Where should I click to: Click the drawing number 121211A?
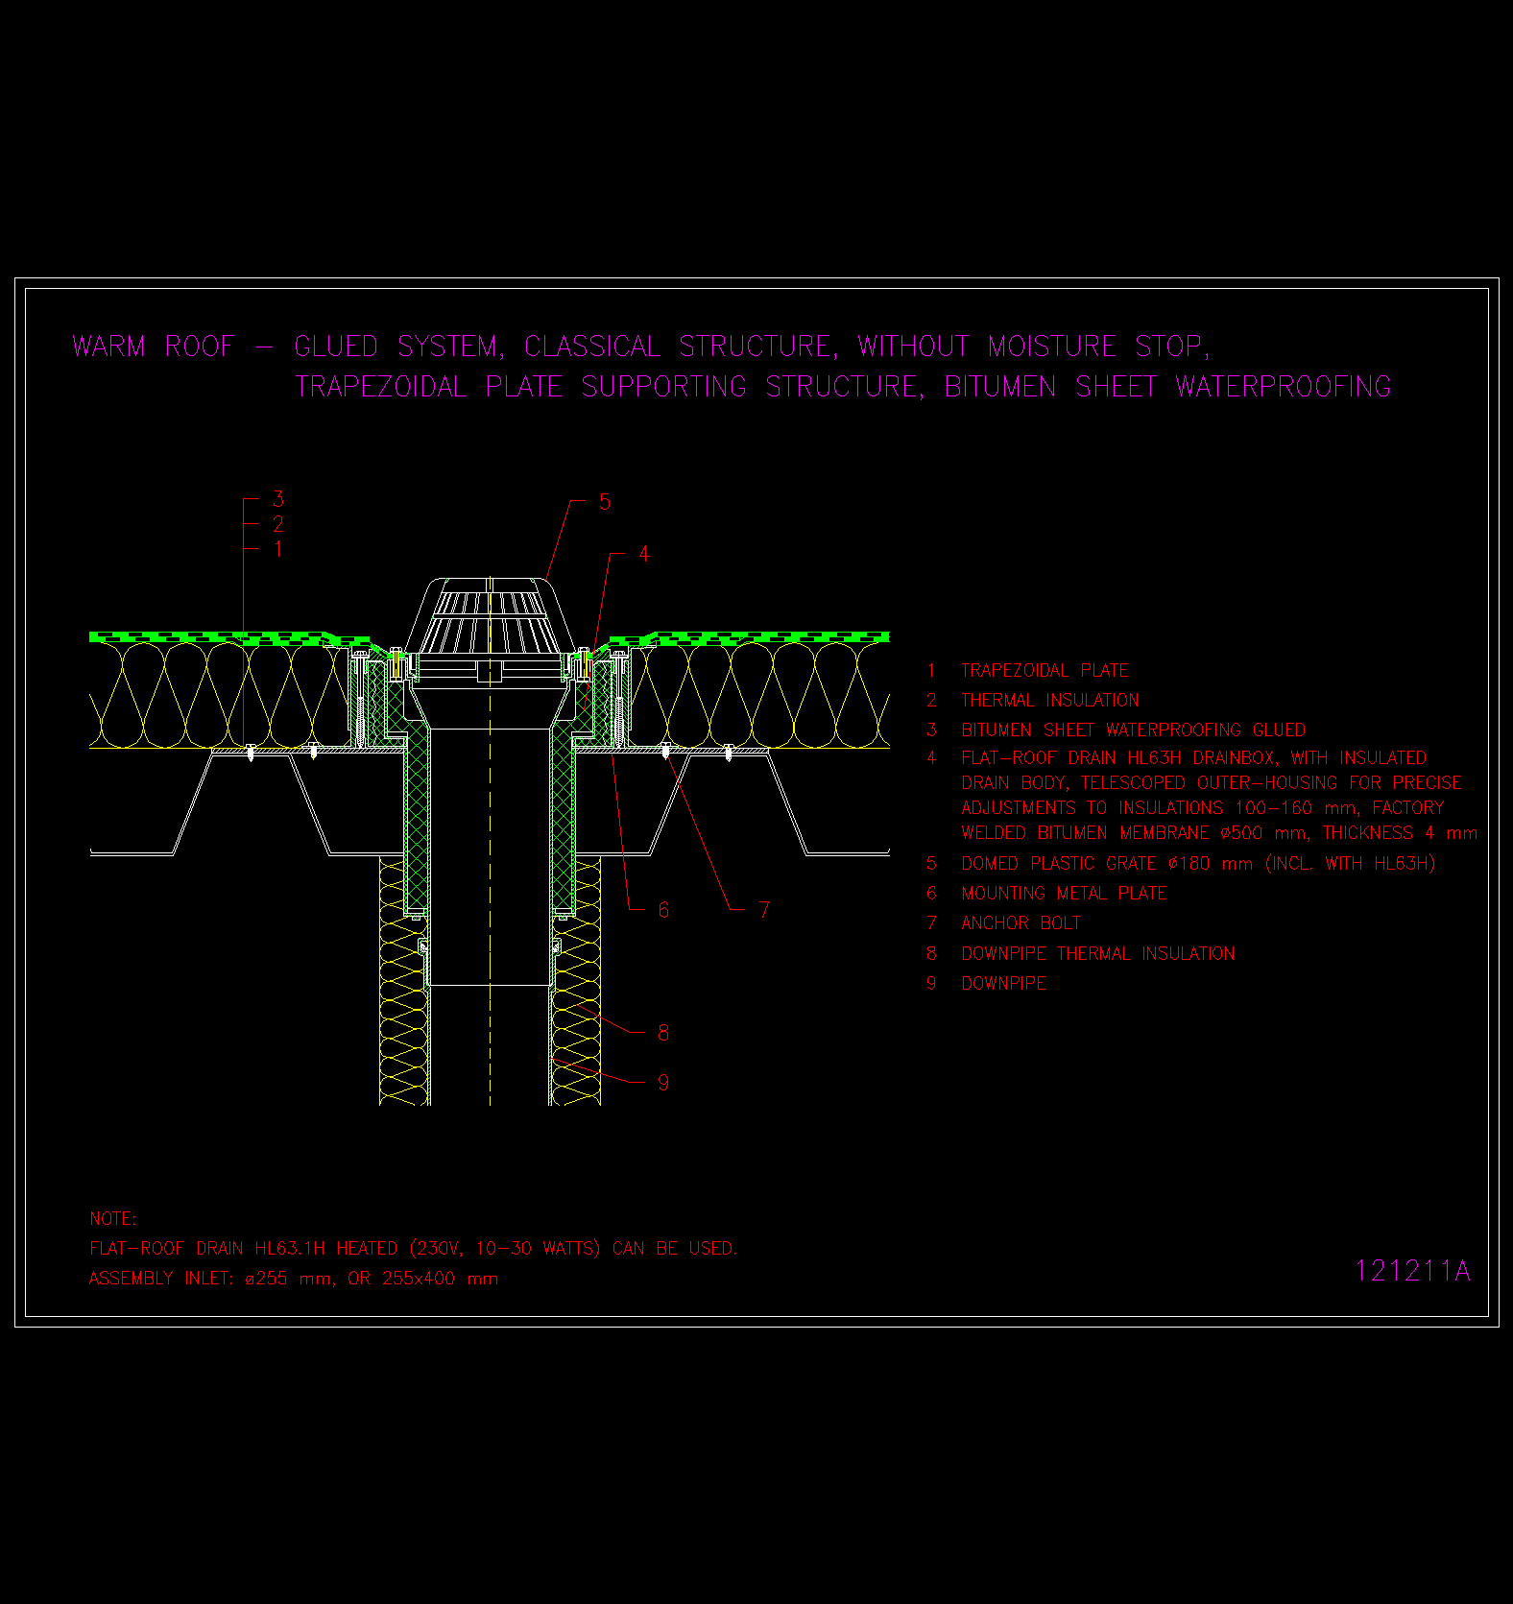1412,1271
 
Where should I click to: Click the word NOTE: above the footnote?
113,1219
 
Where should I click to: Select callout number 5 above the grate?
605,502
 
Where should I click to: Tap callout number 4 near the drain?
644,555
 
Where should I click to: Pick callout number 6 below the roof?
663,910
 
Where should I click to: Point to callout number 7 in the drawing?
764,910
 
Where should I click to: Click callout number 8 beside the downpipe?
663,1033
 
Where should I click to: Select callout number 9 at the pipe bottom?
663,1083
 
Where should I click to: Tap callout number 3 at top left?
278,499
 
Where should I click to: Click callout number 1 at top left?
278,549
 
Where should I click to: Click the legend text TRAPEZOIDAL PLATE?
1045,671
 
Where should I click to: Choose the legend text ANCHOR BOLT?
1021,923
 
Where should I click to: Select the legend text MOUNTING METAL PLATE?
1064,894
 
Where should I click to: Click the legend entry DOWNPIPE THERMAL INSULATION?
1098,954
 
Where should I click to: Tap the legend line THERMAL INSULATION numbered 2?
1050,701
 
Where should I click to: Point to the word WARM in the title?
108,347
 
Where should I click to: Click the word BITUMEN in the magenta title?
1000,387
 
